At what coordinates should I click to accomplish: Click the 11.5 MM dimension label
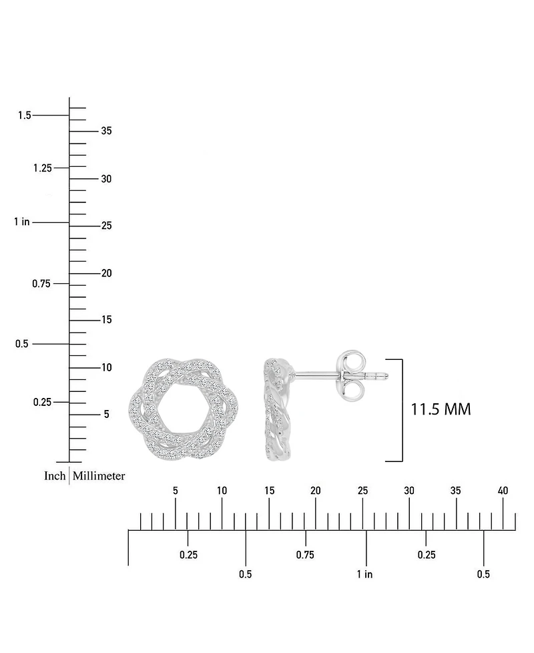pyautogui.click(x=441, y=409)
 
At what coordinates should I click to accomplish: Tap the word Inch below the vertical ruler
pyautogui.click(x=55, y=475)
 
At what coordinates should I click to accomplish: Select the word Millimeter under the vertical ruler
pyautogui.click(x=99, y=475)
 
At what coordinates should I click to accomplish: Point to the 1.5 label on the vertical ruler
pyautogui.click(x=24, y=115)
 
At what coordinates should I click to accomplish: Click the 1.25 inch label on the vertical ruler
pyautogui.click(x=43, y=168)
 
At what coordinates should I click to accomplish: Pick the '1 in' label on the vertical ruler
pyautogui.click(x=21, y=222)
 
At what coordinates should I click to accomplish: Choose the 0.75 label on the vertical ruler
pyautogui.click(x=41, y=284)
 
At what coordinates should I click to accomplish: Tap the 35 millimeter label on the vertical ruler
pyautogui.click(x=107, y=131)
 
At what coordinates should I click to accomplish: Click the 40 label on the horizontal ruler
pyautogui.click(x=503, y=491)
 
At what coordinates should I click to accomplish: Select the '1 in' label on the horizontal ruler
pyautogui.click(x=364, y=574)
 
